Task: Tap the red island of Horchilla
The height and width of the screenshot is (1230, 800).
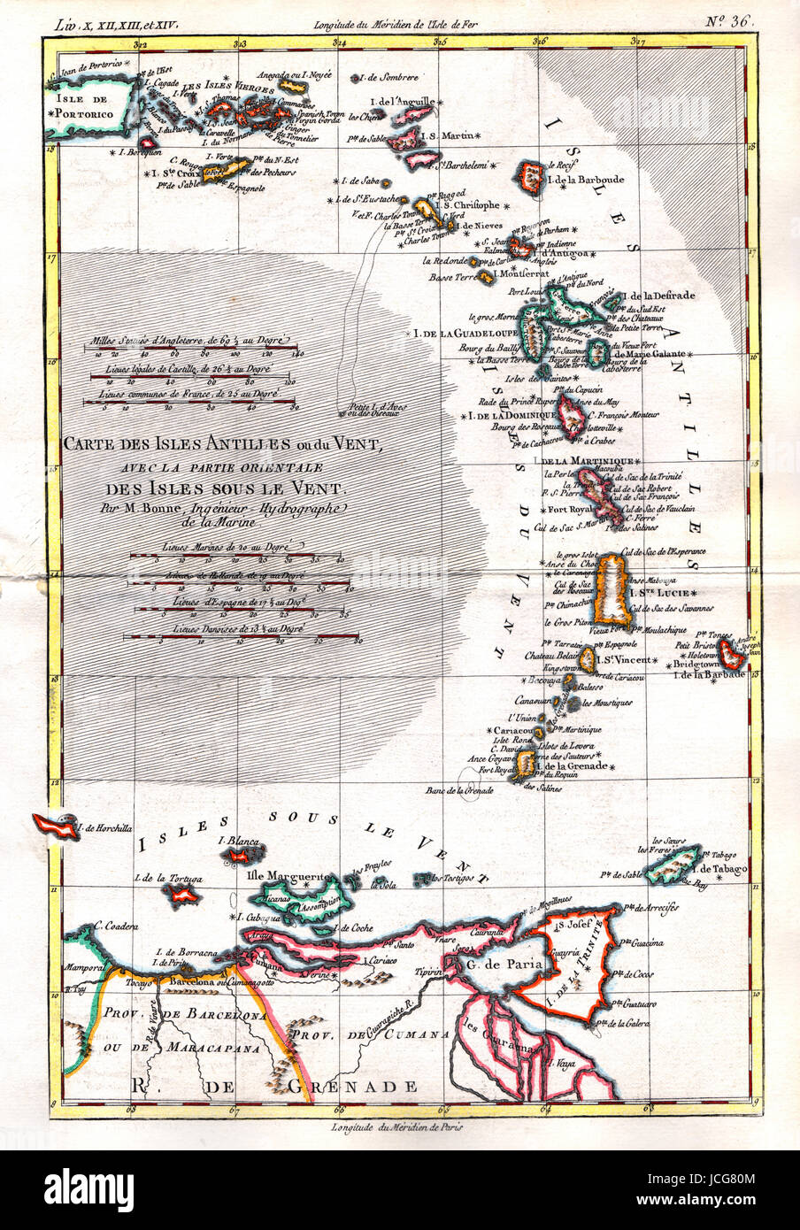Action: pyautogui.click(x=55, y=826)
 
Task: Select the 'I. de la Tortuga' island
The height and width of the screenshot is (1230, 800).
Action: pyautogui.click(x=183, y=895)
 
